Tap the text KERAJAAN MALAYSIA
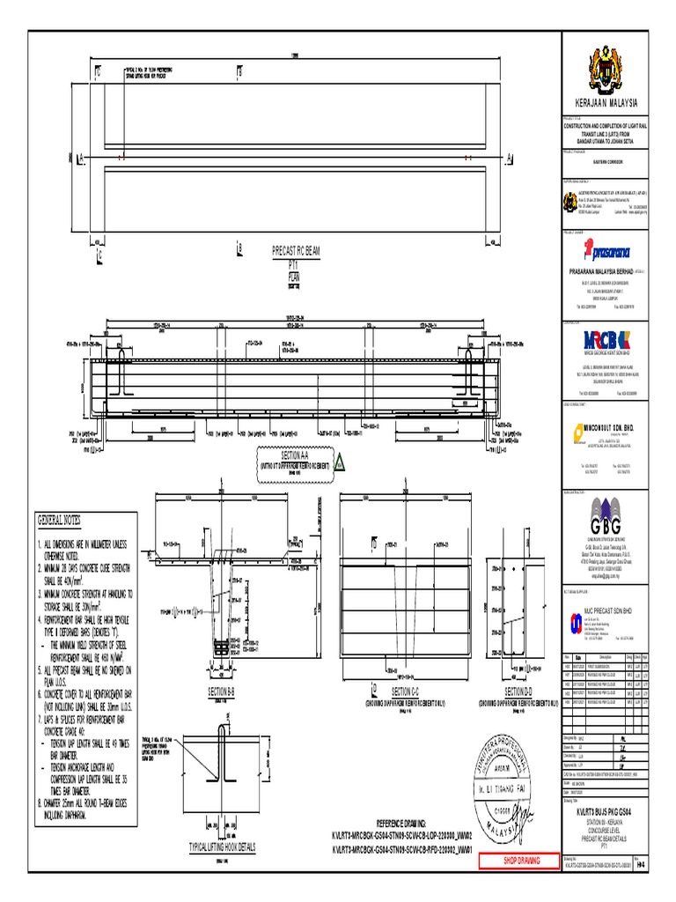pyautogui.click(x=605, y=104)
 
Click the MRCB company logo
pyautogui.click(x=605, y=342)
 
